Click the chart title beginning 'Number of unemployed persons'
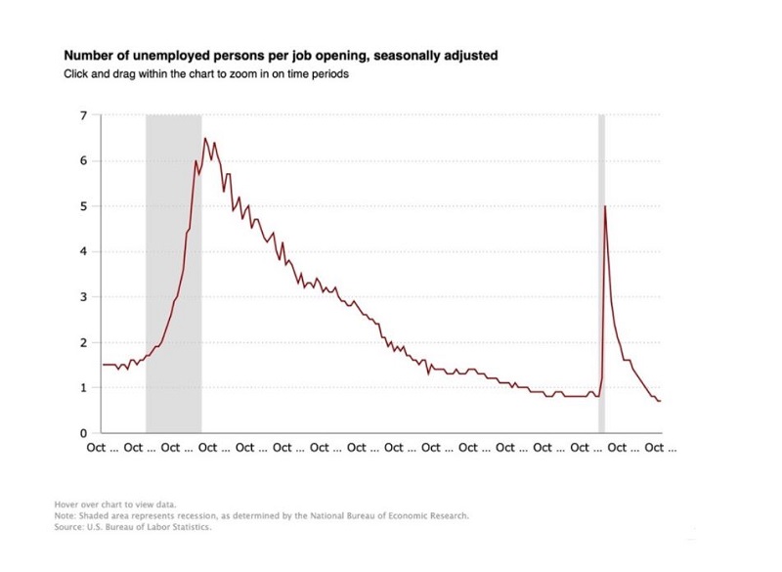click(x=281, y=56)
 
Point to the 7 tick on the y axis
click(x=83, y=115)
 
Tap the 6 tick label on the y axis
click(x=83, y=160)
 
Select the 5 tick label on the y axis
click(x=83, y=206)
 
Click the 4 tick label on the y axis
click(x=83, y=251)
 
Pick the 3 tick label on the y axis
click(x=83, y=297)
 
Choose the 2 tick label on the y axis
click(x=83, y=342)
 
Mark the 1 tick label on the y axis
click(x=83, y=388)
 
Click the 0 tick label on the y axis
click(x=83, y=433)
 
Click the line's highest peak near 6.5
click(x=205, y=139)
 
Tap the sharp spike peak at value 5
click(x=606, y=206)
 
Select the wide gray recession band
click(x=174, y=274)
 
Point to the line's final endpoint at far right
click(x=661, y=401)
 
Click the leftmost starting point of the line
click(x=104, y=365)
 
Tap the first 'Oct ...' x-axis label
click(x=96, y=448)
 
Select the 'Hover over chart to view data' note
click(x=115, y=505)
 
